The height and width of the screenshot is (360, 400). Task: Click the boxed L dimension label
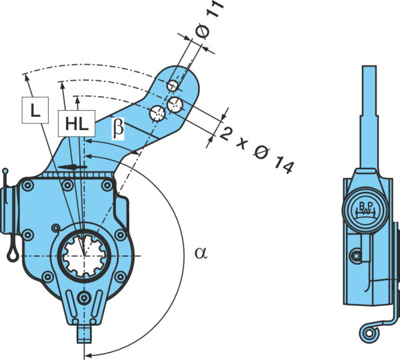click(x=35, y=110)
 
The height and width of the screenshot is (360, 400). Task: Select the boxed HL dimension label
click(x=77, y=123)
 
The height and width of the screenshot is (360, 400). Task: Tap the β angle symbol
click(x=118, y=128)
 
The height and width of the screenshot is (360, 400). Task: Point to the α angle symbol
click(x=201, y=253)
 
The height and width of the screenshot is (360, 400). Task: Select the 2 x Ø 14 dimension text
click(x=257, y=150)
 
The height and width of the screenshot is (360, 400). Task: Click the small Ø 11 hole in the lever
click(x=173, y=85)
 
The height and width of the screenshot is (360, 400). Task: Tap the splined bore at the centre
click(x=84, y=256)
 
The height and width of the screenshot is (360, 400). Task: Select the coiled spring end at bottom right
click(x=369, y=333)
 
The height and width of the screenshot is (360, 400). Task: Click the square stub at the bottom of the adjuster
click(x=84, y=334)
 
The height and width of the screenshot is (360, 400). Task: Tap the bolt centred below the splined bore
click(x=84, y=297)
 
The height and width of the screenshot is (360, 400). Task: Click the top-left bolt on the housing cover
click(x=28, y=186)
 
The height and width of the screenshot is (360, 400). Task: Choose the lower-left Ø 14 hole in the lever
click(x=157, y=114)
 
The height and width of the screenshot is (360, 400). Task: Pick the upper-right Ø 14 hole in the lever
click(x=175, y=105)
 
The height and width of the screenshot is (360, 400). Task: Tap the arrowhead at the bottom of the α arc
click(x=87, y=355)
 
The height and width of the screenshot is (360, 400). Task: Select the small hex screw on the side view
click(x=356, y=256)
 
